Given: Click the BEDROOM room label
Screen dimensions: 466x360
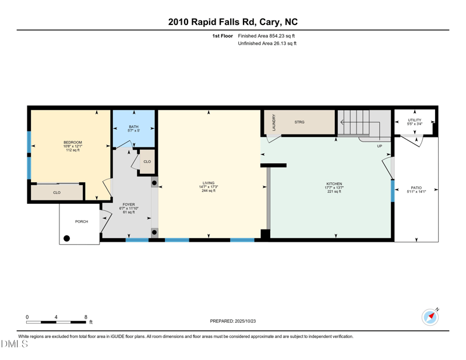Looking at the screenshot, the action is pos(73,142).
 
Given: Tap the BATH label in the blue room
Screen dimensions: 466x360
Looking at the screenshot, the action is pos(134,126).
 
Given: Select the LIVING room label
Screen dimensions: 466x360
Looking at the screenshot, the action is pos(209,183).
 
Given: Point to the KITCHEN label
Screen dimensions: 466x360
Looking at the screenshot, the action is pos(334,184).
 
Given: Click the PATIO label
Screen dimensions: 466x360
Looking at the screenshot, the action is pos(416,188).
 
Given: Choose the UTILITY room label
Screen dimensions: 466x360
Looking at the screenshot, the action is pos(415,120).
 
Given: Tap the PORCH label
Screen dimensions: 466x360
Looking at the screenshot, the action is pos(82,221).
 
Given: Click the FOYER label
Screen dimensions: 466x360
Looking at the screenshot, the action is pos(129,204).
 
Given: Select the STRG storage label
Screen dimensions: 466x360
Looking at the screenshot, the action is pos(299,122).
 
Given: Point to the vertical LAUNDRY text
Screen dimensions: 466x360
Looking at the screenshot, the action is pos(274,122).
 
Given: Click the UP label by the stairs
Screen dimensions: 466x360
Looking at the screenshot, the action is pos(380,146).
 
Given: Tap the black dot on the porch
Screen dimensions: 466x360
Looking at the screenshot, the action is pos(67,238).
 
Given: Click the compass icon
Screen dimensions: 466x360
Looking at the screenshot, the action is pos(430,317).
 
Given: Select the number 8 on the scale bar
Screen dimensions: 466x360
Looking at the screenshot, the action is pos(86,317).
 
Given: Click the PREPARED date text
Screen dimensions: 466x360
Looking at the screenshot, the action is pos(233,321).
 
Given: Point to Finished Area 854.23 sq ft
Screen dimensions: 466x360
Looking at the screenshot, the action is pos(266,36).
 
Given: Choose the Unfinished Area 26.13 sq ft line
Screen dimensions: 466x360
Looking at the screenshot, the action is pos(267,44).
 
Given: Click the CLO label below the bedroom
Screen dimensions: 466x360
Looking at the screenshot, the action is pos(57,193).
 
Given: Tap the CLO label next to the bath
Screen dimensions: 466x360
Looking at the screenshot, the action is pos(147,162).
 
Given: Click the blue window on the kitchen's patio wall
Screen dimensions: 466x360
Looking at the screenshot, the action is pos(393,191).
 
